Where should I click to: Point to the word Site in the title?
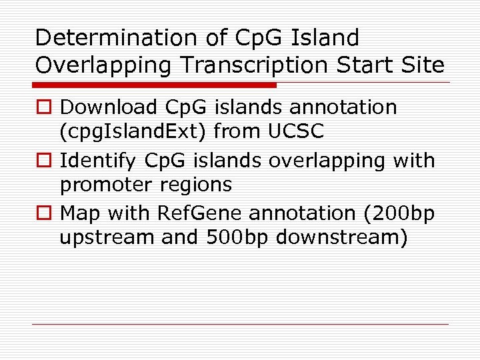click(422, 65)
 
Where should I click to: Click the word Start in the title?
click(366, 65)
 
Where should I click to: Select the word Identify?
click(98, 161)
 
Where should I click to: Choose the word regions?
click(199, 185)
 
